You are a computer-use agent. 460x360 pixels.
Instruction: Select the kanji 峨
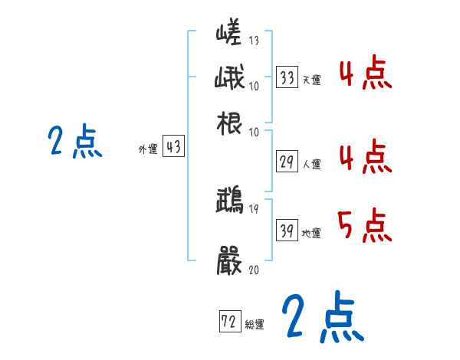coord(230,80)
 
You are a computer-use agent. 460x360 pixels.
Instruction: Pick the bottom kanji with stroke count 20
coord(230,258)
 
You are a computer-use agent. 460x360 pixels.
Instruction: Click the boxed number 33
coord(287,77)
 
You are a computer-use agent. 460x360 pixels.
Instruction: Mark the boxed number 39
coord(287,231)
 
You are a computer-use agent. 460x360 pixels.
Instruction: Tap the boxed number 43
coord(174,148)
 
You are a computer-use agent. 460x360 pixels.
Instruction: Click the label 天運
coord(311,80)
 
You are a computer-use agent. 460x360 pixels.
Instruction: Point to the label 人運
coord(311,163)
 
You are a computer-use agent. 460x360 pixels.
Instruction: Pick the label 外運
coord(148,150)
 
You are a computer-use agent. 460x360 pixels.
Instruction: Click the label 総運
coord(255,324)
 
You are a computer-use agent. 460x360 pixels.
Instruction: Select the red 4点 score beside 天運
coord(365,75)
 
